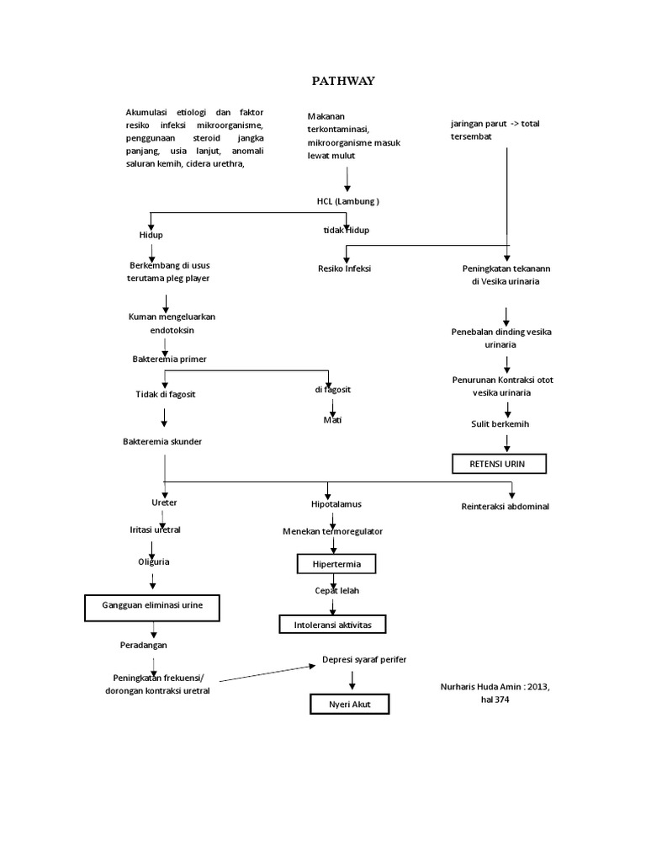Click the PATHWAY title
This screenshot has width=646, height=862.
(x=342, y=81)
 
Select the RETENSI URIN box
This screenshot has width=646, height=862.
(x=500, y=464)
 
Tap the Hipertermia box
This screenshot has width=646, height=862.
(x=336, y=562)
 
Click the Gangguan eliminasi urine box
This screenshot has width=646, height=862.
(x=153, y=605)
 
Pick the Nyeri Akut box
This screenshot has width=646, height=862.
(x=350, y=704)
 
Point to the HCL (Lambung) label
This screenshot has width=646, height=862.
(x=342, y=201)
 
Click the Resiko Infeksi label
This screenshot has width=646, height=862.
(x=344, y=269)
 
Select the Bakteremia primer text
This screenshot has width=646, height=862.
(x=169, y=359)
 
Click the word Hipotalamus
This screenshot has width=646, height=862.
(x=336, y=503)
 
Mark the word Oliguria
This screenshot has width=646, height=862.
(x=154, y=561)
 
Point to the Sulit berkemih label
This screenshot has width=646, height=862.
(x=500, y=423)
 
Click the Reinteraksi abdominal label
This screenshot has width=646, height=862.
(x=505, y=507)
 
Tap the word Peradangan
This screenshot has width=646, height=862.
(x=144, y=645)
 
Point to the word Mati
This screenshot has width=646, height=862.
(x=334, y=419)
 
